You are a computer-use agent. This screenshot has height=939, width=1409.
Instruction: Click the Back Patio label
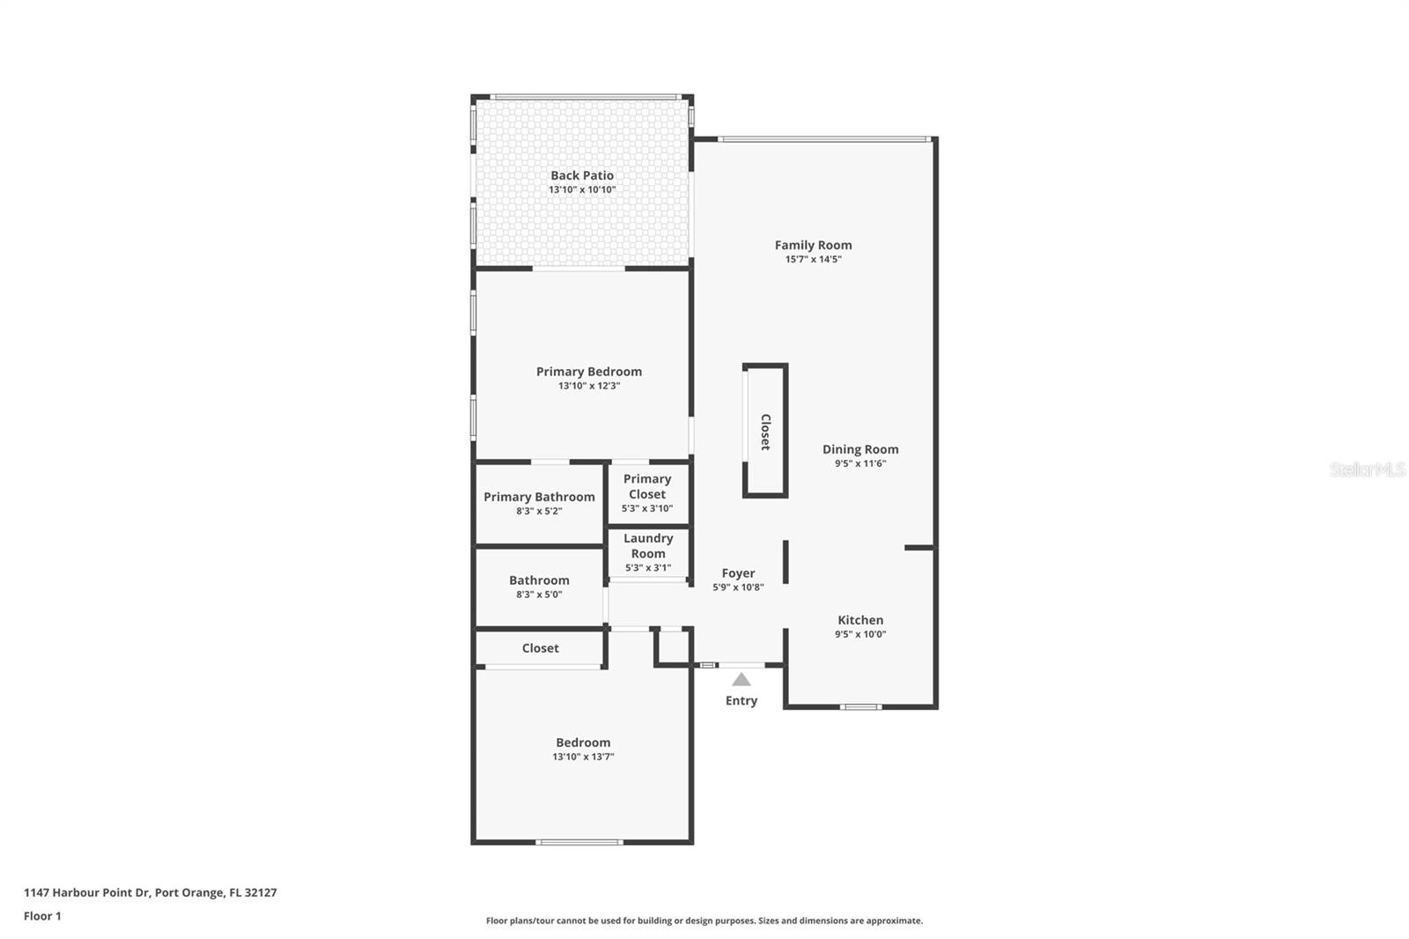[x=582, y=175]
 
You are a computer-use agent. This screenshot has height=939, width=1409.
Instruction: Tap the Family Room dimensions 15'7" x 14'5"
[x=813, y=259]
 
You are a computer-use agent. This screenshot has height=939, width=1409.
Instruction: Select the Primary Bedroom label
[x=588, y=372]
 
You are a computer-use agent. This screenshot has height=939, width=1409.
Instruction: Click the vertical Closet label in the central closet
[x=765, y=432]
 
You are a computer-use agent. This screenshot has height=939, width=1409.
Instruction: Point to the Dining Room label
[x=860, y=449]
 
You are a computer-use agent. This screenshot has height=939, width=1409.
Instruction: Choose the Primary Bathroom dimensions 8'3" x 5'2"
[x=539, y=511]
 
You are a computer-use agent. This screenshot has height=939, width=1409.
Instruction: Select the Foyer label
[x=738, y=573]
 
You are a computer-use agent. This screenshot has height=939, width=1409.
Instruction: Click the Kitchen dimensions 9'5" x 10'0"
[x=860, y=634]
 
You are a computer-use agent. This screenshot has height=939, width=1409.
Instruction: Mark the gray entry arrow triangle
[x=741, y=679]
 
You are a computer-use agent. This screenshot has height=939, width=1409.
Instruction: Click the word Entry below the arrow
[x=741, y=701]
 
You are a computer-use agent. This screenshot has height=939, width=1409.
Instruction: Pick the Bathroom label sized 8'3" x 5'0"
[x=539, y=580]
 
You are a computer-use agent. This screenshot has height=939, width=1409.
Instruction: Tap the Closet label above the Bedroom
[x=540, y=648]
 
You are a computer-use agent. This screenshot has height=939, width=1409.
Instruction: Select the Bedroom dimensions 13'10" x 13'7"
[x=583, y=757]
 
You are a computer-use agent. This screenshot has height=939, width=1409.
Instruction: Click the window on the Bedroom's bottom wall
[x=579, y=842]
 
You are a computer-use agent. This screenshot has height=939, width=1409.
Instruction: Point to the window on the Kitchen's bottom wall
[x=859, y=706]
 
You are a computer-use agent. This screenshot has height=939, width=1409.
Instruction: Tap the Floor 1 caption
[x=42, y=916]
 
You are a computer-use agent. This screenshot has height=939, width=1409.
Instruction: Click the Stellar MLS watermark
[x=1367, y=469]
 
